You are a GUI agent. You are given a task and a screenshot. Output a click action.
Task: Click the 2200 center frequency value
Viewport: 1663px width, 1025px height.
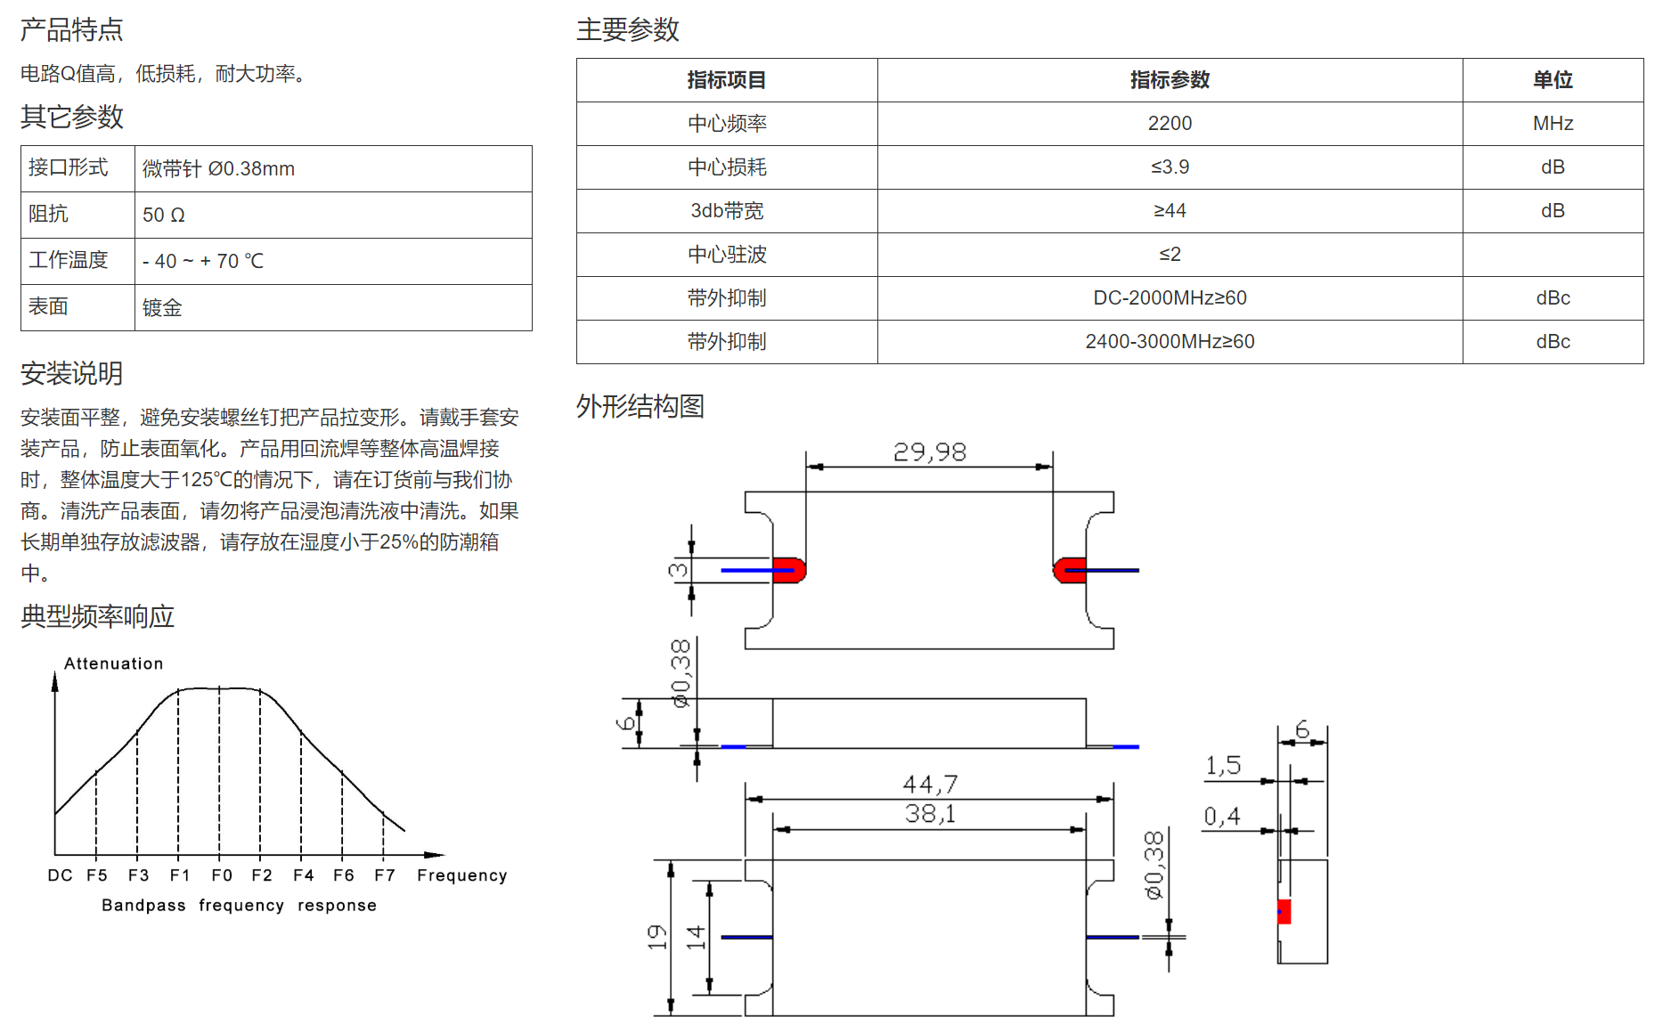[x=1170, y=124]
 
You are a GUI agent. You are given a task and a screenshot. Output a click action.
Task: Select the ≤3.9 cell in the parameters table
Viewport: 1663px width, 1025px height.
[x=1170, y=167]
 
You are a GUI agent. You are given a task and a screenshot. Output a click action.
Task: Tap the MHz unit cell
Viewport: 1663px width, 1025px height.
[x=1553, y=124]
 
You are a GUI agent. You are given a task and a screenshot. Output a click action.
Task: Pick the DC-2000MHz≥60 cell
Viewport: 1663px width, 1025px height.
[x=1170, y=298]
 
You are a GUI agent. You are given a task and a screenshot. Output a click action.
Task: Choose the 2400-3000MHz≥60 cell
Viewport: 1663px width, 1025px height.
[x=1170, y=342]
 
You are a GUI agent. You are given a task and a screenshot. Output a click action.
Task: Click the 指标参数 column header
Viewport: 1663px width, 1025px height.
[x=1170, y=80]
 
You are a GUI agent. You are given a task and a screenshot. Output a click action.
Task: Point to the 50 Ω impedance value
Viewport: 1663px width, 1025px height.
[x=164, y=215]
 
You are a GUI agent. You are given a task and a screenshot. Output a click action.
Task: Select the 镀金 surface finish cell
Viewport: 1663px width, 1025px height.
[x=162, y=308]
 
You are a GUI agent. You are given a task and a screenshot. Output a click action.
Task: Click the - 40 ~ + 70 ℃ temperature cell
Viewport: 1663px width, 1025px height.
[x=203, y=261]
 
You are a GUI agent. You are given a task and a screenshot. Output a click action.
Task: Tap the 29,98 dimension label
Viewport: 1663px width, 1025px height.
[x=930, y=452]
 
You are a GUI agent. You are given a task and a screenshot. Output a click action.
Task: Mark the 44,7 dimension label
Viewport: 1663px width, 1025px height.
[x=930, y=785]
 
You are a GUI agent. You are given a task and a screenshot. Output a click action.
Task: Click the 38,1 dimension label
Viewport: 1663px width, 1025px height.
[x=930, y=814]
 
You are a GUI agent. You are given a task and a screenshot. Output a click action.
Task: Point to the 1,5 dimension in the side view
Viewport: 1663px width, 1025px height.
[x=1223, y=766]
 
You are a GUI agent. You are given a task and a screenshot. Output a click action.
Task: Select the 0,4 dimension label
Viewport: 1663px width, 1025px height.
[x=1222, y=817]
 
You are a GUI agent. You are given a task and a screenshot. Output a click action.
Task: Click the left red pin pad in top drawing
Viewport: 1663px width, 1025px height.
[x=788, y=570]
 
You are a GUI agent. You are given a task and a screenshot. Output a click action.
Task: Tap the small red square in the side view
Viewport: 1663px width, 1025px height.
[x=1284, y=912]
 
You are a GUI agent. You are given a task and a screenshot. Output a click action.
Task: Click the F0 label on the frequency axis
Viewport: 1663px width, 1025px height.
[x=222, y=875]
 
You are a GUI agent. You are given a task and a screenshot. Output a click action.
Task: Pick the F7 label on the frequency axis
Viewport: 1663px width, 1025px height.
[x=385, y=875]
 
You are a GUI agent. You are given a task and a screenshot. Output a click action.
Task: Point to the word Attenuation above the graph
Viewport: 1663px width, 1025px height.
[x=114, y=663]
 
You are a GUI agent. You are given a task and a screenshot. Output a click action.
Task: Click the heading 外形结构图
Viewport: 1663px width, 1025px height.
[x=640, y=407]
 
